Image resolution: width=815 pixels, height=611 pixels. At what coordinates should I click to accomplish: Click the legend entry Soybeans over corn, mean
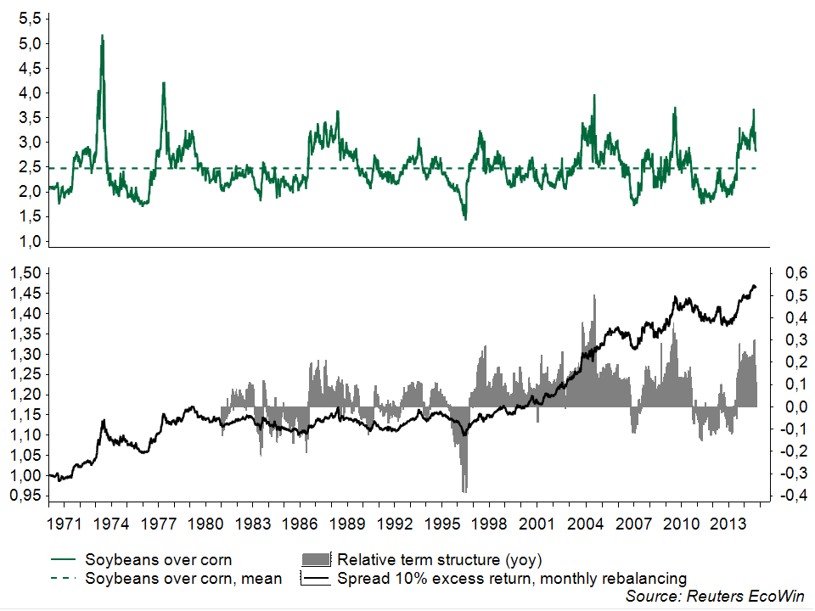pos(183,579)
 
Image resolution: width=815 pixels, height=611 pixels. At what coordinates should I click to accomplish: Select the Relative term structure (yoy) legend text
pos(439,560)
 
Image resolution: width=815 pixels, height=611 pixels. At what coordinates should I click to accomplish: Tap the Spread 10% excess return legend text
pos(512,579)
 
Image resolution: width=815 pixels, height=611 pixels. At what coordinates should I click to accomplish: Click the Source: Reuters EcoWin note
pos(714,597)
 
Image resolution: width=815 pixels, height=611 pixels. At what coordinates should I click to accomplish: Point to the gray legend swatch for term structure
pos(317,560)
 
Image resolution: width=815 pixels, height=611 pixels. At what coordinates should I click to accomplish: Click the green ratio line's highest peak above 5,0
pos(103,36)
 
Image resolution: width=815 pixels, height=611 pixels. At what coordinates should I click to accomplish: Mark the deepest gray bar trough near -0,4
pos(464,490)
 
